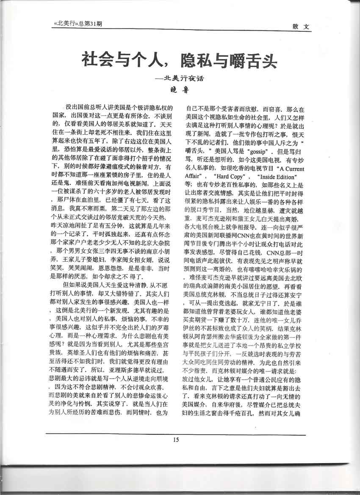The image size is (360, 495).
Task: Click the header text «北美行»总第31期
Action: pyautogui.click(x=75, y=25)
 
